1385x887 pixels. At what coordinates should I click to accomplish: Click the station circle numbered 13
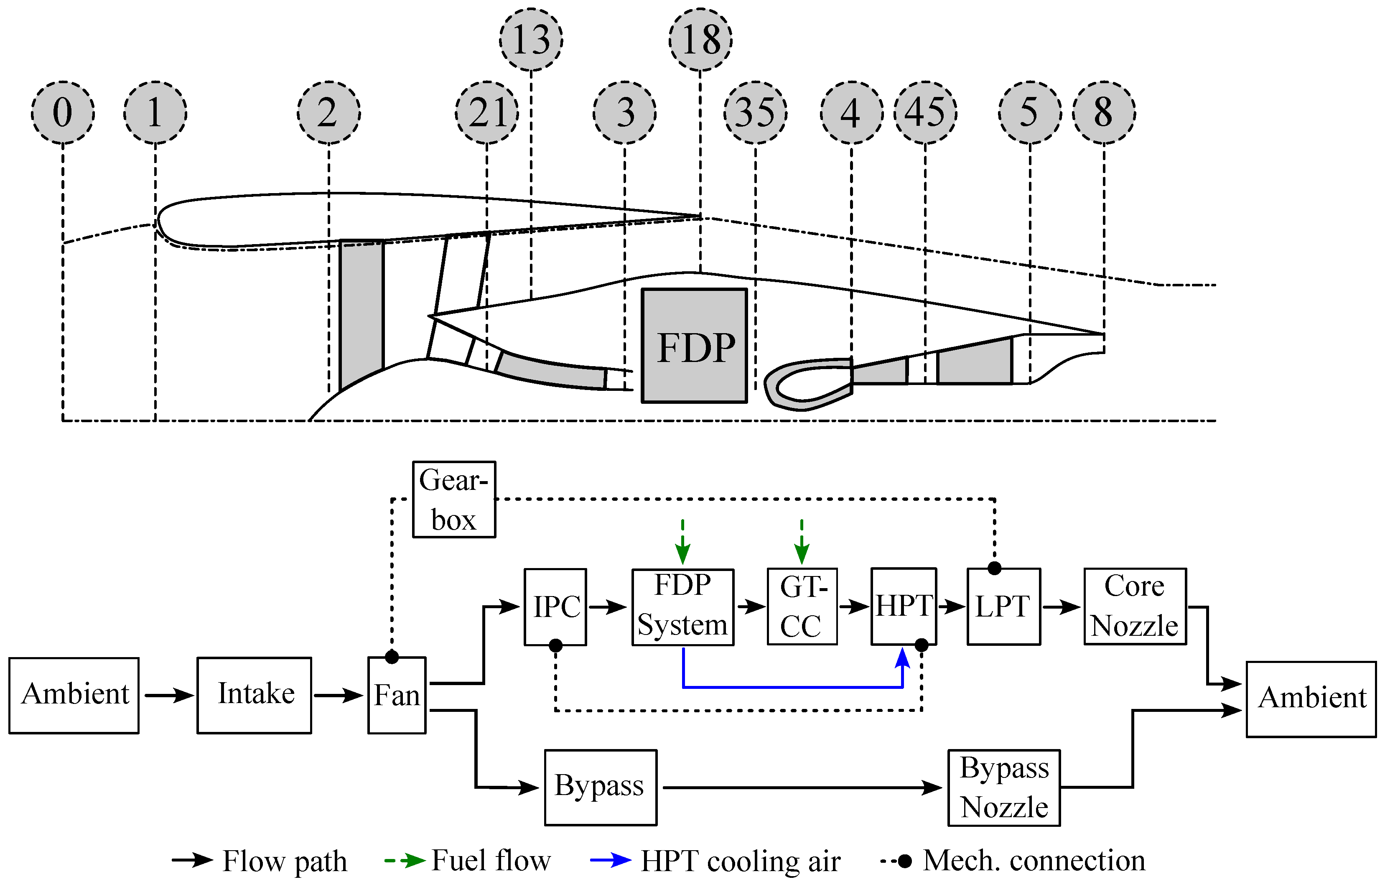coord(530,39)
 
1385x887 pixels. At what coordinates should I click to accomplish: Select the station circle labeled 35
coord(755,112)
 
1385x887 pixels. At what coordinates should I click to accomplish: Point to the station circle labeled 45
coord(925,112)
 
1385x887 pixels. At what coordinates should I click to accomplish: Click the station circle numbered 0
coord(62,112)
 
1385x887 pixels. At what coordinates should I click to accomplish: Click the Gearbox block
coord(454,500)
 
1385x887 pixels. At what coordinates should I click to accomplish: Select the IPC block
coord(555,607)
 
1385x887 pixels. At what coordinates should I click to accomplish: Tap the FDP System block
coord(682,607)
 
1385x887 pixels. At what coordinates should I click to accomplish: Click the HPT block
coord(903,607)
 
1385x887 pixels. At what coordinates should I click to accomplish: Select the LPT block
coord(1003,607)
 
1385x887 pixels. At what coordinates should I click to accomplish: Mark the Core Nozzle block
coord(1135,607)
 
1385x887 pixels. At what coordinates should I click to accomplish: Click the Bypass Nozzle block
coord(1004,788)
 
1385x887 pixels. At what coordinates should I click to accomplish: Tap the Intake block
coord(254,695)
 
